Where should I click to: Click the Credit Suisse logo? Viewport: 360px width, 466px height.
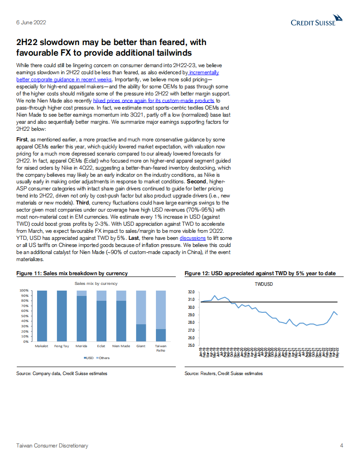pos(316,21)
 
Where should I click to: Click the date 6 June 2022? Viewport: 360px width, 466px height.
pos(31,23)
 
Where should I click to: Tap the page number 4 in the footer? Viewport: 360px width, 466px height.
pos(341,446)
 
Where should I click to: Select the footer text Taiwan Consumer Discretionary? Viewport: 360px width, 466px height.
pos(52,446)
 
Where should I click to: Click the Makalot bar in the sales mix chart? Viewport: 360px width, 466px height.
pos(42,316)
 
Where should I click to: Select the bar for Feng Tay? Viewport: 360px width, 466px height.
pos(62,316)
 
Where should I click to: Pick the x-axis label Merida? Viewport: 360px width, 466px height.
pos(81,346)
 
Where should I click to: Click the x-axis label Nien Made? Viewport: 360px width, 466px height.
pos(121,346)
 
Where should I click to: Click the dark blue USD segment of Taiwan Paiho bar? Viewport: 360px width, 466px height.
pos(161,335)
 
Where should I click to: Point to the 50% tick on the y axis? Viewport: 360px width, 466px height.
pos(24,316)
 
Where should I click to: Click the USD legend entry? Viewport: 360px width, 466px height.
pos(88,358)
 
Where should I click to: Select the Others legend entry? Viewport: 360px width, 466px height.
pos(103,358)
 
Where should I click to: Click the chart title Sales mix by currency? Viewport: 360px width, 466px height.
pos(96,283)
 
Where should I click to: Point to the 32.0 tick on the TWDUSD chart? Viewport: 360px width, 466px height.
pos(192,292)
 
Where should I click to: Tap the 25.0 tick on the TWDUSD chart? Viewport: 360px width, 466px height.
pos(192,345)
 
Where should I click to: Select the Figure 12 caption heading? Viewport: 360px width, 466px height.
pos(260,273)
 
